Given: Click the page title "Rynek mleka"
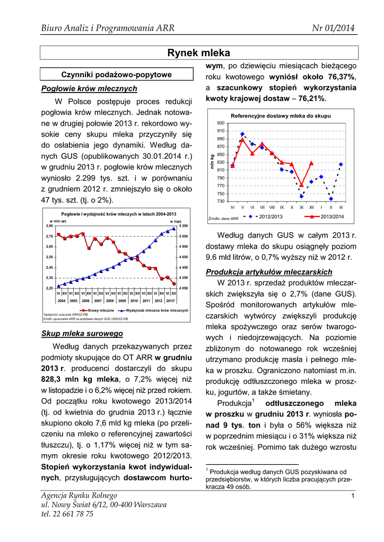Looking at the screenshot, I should tap(199, 53).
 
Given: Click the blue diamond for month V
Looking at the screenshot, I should tap(242, 134).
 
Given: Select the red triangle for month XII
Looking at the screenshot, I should tap(311, 163).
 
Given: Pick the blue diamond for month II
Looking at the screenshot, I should tap(331, 198).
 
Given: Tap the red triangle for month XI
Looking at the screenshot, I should tap(302, 185).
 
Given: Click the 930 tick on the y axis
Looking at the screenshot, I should tap(220, 123).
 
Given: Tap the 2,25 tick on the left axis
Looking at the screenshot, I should tap(49, 288).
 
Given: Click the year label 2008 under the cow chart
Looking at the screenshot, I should tap(110, 300).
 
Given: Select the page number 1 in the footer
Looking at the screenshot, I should tap(352, 495).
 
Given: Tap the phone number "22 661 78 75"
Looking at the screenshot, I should tap(71, 513).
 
